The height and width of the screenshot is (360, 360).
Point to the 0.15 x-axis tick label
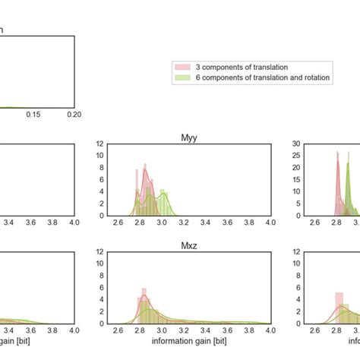(33, 114)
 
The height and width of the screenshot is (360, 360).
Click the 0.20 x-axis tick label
(74, 114)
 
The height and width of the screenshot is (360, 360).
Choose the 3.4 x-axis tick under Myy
(227, 223)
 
